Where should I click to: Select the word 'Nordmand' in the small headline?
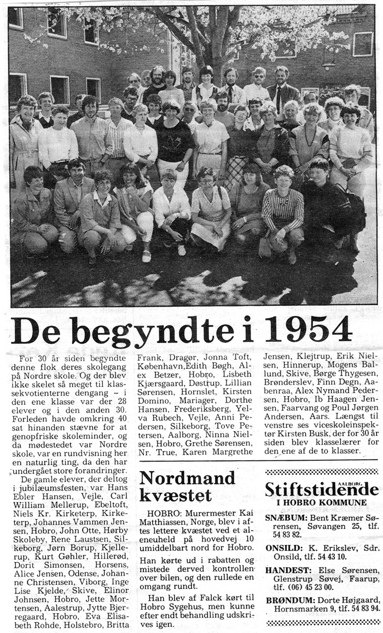pos(187,478)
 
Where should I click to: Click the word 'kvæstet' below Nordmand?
pos(175,496)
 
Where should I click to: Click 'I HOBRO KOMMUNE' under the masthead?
pos(321,503)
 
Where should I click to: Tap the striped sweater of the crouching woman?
pos(282,210)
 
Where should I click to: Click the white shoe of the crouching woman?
pos(146,255)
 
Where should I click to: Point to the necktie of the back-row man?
pos(279,99)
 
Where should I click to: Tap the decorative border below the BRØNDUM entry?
pos(321,622)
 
